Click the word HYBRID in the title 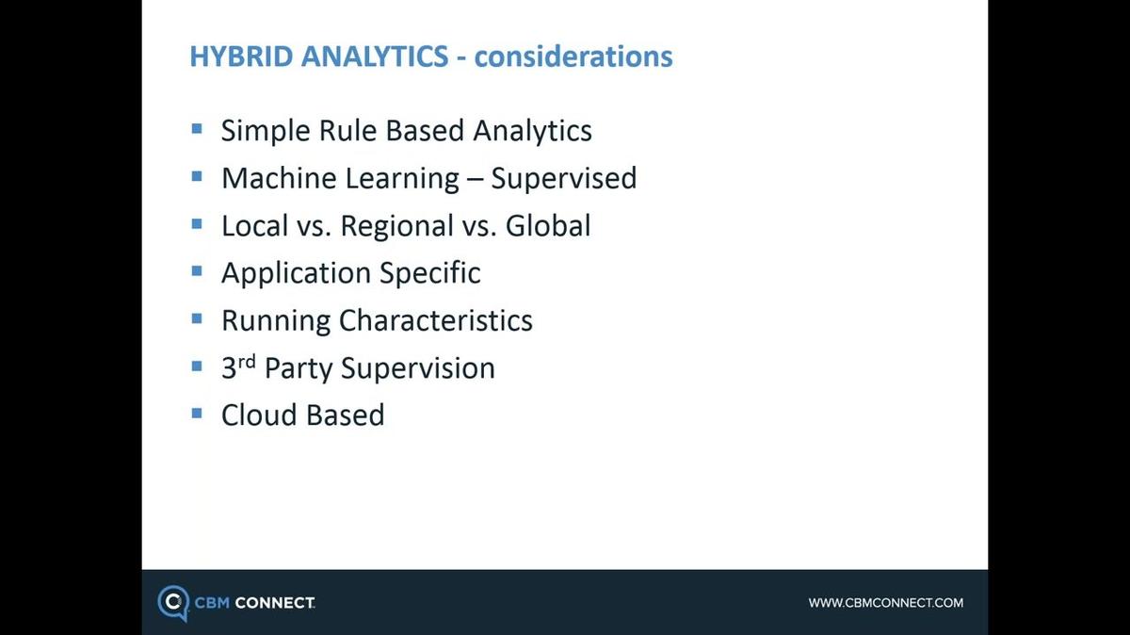(x=241, y=56)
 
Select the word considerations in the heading (x=573, y=56)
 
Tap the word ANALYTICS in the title (x=375, y=56)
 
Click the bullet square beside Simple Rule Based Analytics (x=197, y=129)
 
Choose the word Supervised (x=564, y=179)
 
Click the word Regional (x=397, y=226)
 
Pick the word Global (x=548, y=225)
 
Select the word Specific (x=429, y=273)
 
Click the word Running (x=276, y=321)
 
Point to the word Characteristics (x=436, y=320)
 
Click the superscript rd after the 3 (x=247, y=362)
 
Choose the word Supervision (x=418, y=368)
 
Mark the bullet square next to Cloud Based (x=197, y=414)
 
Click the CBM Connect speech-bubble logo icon (x=173, y=603)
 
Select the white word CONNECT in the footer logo (x=275, y=603)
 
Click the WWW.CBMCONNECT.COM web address (x=886, y=603)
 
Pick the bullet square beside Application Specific (x=197, y=271)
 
